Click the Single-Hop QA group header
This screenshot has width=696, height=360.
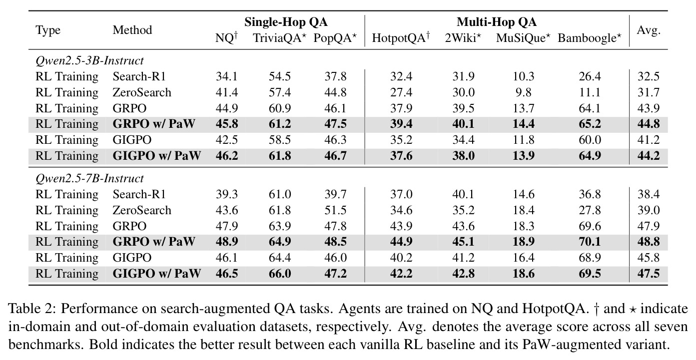point(286,22)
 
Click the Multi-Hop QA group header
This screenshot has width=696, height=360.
point(497,22)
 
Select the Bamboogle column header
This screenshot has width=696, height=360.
point(590,38)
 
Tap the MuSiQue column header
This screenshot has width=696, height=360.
point(523,38)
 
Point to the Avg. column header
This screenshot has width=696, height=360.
point(649,30)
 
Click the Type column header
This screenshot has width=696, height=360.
point(48,30)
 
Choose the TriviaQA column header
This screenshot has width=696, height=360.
point(280,38)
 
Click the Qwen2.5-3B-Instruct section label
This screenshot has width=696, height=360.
point(89,60)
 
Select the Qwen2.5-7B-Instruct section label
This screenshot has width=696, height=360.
point(89,179)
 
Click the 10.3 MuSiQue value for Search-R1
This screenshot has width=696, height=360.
point(523,76)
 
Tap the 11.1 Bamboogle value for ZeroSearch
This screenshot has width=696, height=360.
point(590,92)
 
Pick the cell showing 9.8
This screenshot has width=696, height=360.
point(523,92)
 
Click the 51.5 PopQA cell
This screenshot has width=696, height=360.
point(335,210)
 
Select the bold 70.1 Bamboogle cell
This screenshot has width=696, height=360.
point(590,242)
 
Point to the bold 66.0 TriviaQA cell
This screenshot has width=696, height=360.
point(280,274)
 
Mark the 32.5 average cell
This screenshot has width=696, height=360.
point(649,76)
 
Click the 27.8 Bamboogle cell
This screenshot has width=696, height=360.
point(590,210)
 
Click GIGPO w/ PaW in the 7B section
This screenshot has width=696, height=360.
point(156,274)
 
